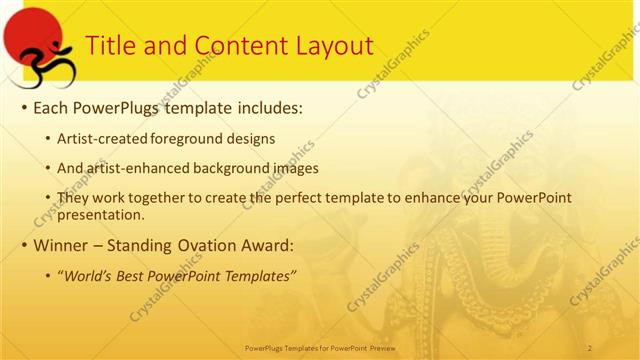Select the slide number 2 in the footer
click(x=590, y=346)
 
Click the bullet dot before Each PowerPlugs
click(x=24, y=107)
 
